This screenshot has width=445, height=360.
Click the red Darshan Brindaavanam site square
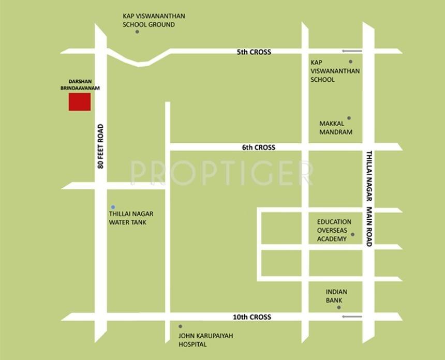[80, 101]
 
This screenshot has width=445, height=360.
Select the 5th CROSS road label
[254, 52]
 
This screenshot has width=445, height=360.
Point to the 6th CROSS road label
[259, 147]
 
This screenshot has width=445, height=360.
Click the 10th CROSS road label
[254, 317]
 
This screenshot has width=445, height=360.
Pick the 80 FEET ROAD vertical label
[100, 147]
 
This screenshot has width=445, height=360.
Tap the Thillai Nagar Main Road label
[369, 198]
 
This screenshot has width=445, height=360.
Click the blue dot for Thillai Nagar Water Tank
[113, 206]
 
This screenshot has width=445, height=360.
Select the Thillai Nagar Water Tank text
[130, 218]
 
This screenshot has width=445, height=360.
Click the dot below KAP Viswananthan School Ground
[137, 32]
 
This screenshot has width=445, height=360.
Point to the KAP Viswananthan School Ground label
[153, 20]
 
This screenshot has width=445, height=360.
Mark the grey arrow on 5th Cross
[352, 51]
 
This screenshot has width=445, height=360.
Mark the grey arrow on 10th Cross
[352, 317]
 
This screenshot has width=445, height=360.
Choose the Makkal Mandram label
[335, 128]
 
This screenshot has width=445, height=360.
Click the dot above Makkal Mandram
[349, 118]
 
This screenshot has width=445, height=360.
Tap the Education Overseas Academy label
[334, 230]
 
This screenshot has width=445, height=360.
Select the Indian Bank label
[334, 296]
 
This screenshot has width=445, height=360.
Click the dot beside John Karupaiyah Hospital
[180, 326]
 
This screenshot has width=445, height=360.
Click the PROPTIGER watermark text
[221, 173]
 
